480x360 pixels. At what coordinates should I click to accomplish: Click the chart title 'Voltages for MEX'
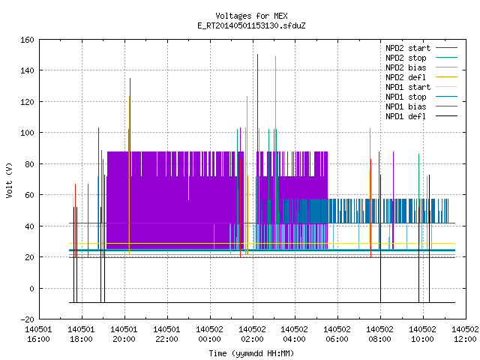coord(251,16)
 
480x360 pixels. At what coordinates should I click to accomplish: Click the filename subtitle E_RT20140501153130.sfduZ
coord(251,25)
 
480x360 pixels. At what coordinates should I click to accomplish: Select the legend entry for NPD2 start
coord(421,48)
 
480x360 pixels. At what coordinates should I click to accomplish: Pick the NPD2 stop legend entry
coord(421,58)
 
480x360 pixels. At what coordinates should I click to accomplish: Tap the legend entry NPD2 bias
coord(421,67)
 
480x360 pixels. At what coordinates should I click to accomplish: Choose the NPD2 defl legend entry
coord(421,77)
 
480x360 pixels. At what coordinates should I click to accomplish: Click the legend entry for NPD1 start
coord(421,87)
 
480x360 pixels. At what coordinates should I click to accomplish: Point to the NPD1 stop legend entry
coord(421,97)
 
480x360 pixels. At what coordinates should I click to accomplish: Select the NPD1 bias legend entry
coord(421,106)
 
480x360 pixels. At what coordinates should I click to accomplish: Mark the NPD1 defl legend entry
coord(421,116)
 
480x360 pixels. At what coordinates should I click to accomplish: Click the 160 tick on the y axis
coord(27,40)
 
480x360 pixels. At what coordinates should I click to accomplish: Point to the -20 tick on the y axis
coord(27,319)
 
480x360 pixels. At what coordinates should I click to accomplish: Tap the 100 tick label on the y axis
coord(27,133)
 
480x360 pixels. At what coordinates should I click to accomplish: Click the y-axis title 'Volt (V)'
coord(9,180)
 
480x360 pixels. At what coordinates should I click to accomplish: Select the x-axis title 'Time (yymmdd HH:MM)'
coord(251,353)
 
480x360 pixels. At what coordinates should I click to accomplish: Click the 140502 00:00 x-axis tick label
coord(210,334)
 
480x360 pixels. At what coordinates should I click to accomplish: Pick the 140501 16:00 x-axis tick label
coord(38,334)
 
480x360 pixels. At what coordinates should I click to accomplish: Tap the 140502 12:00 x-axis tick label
coord(465,334)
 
